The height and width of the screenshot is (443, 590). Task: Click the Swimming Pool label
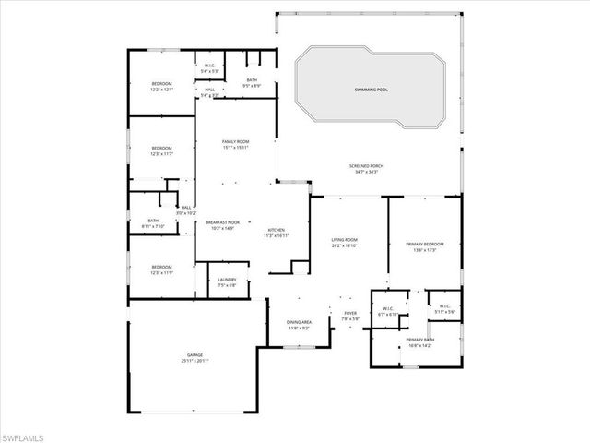371,90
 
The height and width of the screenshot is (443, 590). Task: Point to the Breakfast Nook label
222,223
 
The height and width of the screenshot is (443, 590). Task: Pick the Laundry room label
227,282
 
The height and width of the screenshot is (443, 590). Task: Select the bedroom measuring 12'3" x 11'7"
161,151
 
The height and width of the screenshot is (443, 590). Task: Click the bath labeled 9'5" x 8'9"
252,83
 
